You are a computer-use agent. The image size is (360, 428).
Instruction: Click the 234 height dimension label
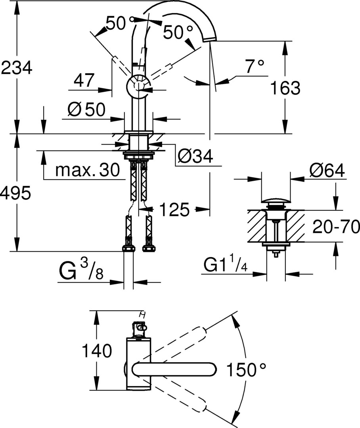(x=16, y=68)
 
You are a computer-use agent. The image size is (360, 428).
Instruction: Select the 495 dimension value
(x=16, y=194)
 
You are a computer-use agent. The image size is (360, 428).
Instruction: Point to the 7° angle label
(x=254, y=66)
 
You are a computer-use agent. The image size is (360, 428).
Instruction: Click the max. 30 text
(x=87, y=170)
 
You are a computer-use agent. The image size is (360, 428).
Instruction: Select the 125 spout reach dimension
(x=174, y=210)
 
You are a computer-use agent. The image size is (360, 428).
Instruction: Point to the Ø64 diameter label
(x=327, y=171)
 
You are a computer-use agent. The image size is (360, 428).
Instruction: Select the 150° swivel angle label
(x=246, y=371)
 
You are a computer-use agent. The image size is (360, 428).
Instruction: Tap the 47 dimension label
(x=84, y=80)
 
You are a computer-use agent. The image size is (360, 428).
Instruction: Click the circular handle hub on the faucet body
(x=138, y=86)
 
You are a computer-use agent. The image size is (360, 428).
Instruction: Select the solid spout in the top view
(x=174, y=370)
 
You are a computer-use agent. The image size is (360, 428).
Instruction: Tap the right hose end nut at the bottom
(x=149, y=249)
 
